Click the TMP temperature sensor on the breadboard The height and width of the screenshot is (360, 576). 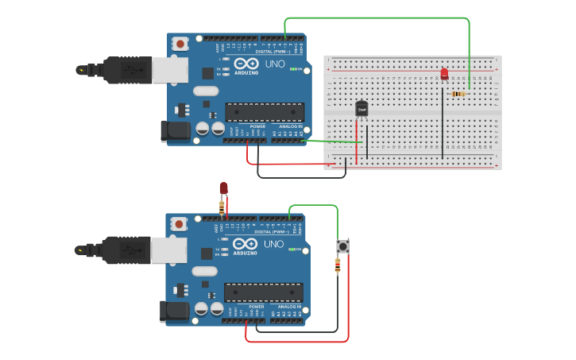(x=361, y=109)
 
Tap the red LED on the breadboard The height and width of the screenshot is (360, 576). (x=444, y=74)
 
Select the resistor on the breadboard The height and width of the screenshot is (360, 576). (x=458, y=94)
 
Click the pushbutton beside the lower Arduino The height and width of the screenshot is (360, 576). (x=342, y=246)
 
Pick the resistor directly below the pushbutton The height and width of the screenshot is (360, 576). (x=338, y=265)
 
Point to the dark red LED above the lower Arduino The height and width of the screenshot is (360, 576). (x=223, y=188)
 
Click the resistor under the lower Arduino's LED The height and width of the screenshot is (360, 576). (x=222, y=207)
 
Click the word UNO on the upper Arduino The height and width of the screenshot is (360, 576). (x=274, y=63)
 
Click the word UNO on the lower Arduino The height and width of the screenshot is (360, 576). (x=273, y=244)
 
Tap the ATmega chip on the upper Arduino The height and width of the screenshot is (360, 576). (x=265, y=112)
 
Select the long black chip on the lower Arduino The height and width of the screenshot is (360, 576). (x=263, y=292)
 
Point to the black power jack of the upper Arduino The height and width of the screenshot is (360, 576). (x=175, y=130)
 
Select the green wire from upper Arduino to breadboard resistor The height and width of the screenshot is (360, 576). (x=377, y=17)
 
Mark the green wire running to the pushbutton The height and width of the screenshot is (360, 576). (x=314, y=206)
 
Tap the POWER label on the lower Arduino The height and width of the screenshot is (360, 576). (x=257, y=306)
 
